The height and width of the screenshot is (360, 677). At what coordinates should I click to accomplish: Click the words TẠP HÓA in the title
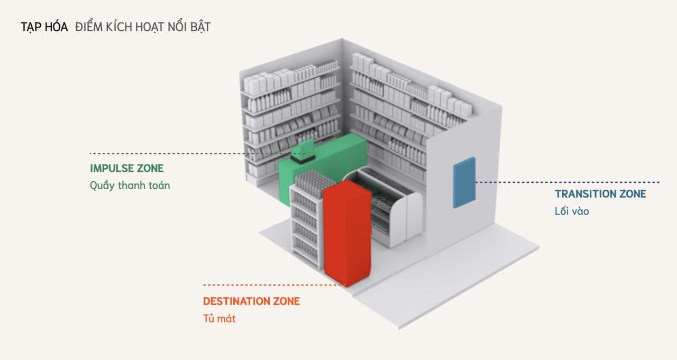(x=44, y=27)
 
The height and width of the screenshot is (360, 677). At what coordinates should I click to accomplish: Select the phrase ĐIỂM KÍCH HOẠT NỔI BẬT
(x=143, y=27)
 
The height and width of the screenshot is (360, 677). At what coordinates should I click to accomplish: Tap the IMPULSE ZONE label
(x=126, y=168)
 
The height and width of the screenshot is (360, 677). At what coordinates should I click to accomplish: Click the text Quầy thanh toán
(x=130, y=186)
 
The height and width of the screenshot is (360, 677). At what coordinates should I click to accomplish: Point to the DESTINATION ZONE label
(x=251, y=301)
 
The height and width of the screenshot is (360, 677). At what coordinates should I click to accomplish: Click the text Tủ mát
(x=219, y=318)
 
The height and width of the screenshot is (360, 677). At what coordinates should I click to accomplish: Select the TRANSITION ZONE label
(x=600, y=194)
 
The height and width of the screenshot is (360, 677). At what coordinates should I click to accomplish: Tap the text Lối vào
(x=572, y=211)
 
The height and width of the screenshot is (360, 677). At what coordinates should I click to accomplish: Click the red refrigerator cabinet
(x=347, y=233)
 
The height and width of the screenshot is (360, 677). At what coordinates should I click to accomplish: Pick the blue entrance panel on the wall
(x=464, y=182)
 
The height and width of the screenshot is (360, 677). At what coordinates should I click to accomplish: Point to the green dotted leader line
(x=198, y=153)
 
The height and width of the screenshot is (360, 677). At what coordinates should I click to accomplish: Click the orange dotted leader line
(x=274, y=285)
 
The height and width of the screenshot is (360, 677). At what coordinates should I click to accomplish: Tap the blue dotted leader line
(x=568, y=182)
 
